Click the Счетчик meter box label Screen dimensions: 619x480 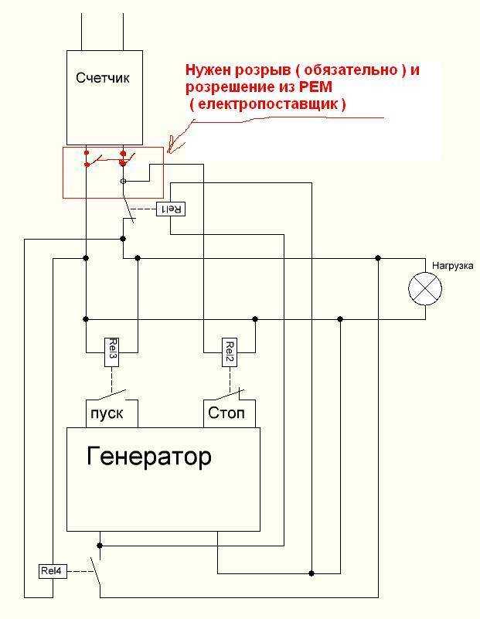coord(104,77)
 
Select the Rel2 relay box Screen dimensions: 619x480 coord(229,352)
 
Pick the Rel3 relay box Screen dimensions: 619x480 coord(111,352)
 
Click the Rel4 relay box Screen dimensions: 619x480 coord(53,572)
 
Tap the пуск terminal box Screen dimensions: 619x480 coord(111,413)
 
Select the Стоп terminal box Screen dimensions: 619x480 coord(227,413)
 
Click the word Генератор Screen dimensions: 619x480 coord(148,457)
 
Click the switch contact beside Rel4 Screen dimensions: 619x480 coord(96,571)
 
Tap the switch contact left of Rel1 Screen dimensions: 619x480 coord(128,209)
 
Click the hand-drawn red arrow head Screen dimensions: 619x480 coord(172,145)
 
